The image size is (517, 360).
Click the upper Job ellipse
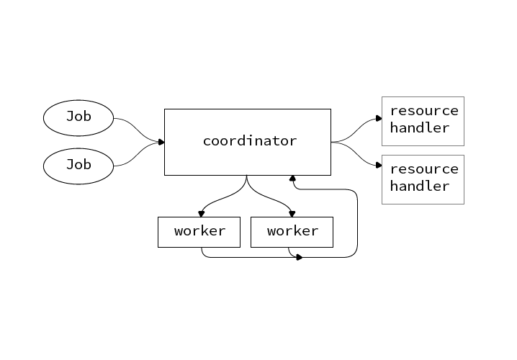(x=78, y=118)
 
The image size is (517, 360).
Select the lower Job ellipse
(x=78, y=166)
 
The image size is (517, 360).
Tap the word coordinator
(x=249, y=141)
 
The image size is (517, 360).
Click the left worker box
(x=199, y=232)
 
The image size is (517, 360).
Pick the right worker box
(x=292, y=232)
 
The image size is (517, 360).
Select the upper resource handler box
(x=423, y=121)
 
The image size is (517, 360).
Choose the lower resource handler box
(x=423, y=179)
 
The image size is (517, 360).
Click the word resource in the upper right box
(x=424, y=111)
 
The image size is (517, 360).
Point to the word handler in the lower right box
(x=420, y=186)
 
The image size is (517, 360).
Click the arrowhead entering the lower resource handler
(x=378, y=165)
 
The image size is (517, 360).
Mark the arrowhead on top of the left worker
(x=201, y=213)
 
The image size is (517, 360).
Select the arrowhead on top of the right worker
(x=292, y=213)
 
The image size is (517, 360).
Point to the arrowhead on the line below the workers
(x=299, y=257)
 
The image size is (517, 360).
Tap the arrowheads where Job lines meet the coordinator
(x=161, y=142)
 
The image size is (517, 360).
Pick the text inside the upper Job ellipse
(x=78, y=116)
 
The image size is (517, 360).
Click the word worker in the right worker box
(x=292, y=231)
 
